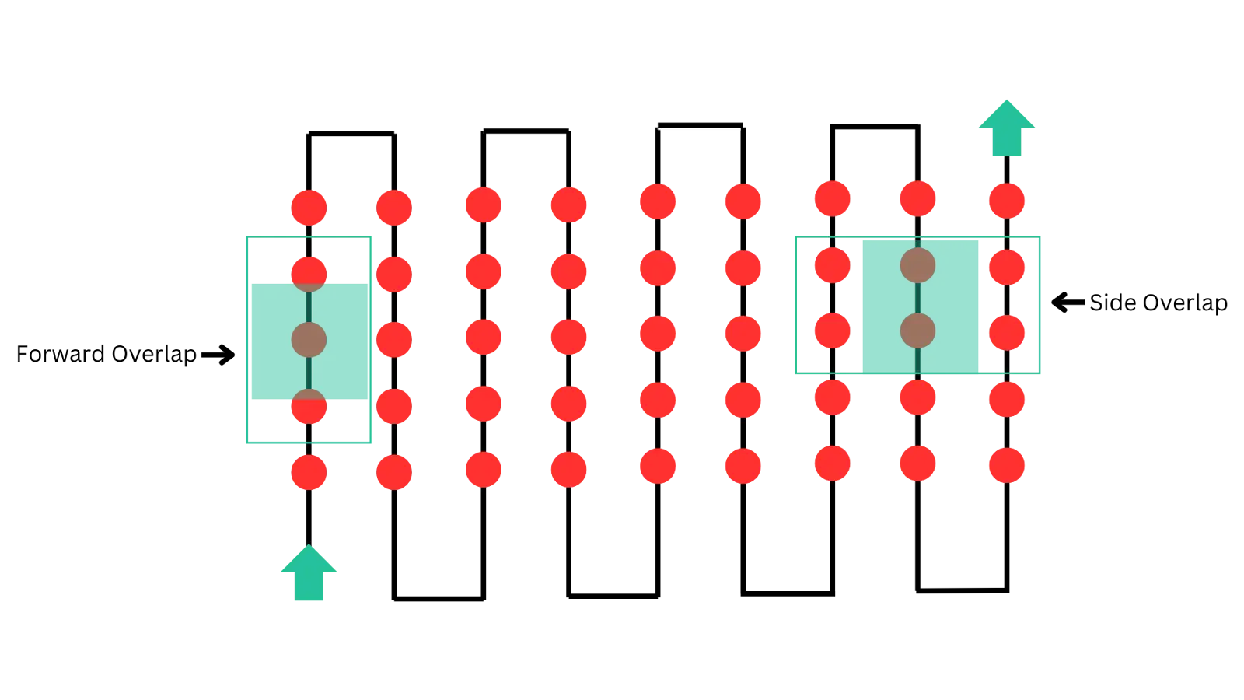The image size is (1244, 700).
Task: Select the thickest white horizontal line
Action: (875, 121)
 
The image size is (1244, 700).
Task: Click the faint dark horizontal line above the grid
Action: (526, 128)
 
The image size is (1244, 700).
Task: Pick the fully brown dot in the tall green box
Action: (309, 340)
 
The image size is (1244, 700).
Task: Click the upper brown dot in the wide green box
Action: (917, 265)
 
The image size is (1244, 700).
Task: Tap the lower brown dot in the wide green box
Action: (917, 331)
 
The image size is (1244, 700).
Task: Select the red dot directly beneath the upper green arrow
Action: (1007, 200)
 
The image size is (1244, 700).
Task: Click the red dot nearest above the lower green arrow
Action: (309, 471)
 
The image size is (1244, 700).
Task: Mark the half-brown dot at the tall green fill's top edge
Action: (309, 273)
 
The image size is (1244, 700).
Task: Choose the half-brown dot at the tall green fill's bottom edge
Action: (309, 406)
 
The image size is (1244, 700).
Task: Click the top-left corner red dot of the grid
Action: (309, 207)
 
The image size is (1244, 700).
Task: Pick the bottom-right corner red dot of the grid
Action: (1007, 465)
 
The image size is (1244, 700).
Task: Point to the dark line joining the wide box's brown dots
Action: (917, 298)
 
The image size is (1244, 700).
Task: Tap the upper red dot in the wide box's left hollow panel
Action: (832, 265)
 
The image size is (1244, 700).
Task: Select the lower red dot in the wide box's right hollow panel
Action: (1007, 332)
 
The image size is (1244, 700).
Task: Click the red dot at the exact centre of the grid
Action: (657, 334)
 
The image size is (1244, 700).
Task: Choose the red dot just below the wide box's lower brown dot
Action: (917, 397)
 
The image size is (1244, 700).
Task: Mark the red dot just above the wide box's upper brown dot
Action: (917, 199)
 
